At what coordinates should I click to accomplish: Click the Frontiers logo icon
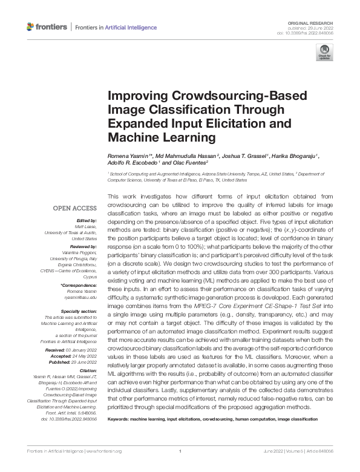pos(31,27)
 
